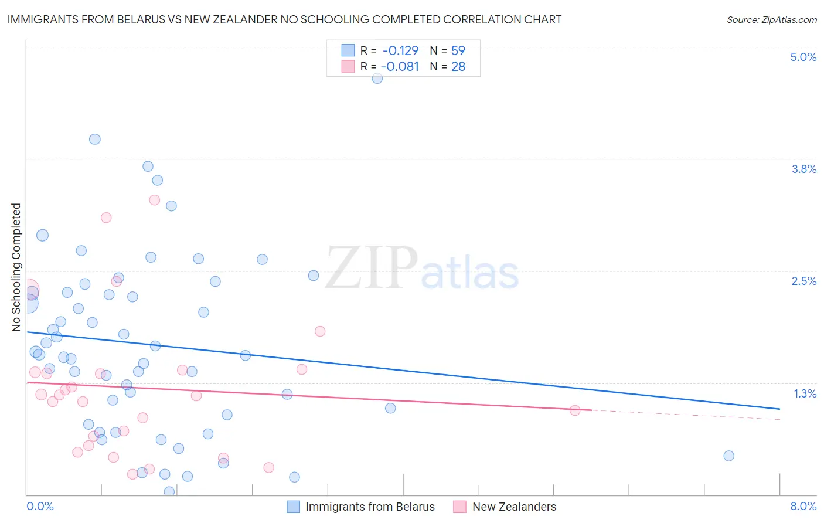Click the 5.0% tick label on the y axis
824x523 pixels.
click(803, 57)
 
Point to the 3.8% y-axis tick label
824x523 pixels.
click(803, 169)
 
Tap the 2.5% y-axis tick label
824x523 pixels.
click(803, 281)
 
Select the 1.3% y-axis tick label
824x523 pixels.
click(805, 393)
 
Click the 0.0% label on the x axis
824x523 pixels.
click(40, 506)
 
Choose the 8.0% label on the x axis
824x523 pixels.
click(803, 506)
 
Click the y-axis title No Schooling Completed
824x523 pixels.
click(16, 267)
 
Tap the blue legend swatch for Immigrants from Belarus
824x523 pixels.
click(293, 507)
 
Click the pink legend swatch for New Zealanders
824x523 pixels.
click(459, 507)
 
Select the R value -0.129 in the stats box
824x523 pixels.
click(400, 50)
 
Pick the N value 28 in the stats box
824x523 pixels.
click(458, 67)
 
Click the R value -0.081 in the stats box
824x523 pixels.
click(400, 67)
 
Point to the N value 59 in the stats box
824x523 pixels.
click(458, 50)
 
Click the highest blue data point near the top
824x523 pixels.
click(377, 78)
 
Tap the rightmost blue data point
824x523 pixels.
click(728, 456)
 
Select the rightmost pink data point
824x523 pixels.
click(575, 410)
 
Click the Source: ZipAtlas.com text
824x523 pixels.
click(771, 20)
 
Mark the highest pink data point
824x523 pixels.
click(155, 200)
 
